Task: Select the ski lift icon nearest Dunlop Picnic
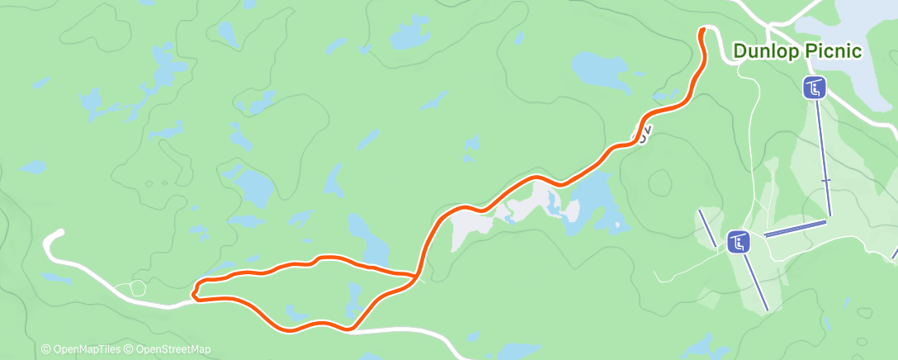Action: pyautogui.click(x=815, y=88)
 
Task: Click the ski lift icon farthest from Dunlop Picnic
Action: pyautogui.click(x=739, y=242)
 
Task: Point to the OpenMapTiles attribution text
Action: pyautogui.click(x=80, y=349)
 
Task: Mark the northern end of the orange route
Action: pyautogui.click(x=702, y=31)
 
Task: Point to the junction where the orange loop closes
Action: pyautogui.click(x=413, y=276)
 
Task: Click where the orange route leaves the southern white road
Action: pyautogui.click(x=351, y=329)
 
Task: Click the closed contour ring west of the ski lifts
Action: pyautogui.click(x=660, y=181)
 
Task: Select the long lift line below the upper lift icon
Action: pyautogui.click(x=824, y=157)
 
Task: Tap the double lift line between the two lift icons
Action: pyautogui.click(x=794, y=229)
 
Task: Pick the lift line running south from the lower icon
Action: pyautogui.click(x=755, y=281)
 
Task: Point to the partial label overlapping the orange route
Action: pyautogui.click(x=644, y=135)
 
